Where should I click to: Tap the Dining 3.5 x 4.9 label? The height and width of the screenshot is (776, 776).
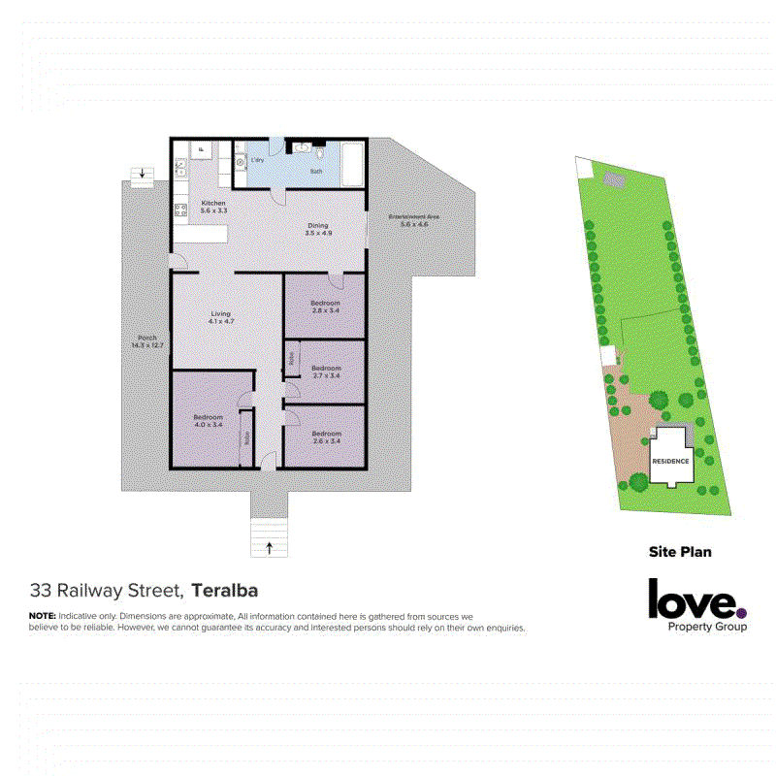coord(318,229)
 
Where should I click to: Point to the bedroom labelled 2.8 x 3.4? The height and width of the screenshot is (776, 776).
coord(325,307)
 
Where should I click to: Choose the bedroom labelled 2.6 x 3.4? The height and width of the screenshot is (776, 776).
coord(326,437)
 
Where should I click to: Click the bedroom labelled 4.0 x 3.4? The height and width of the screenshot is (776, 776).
coord(208,421)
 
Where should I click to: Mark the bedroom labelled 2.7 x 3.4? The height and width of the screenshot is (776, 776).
coord(326,372)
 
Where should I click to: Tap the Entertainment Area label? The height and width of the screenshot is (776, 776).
coord(407,220)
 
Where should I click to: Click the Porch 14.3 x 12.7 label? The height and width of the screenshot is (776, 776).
coord(140,342)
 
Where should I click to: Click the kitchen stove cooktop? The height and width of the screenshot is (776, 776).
coord(179,210)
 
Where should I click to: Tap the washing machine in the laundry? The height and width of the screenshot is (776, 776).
coord(241,163)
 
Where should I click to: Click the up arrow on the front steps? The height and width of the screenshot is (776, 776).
coord(269,548)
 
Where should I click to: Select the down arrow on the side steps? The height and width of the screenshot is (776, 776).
coord(143,175)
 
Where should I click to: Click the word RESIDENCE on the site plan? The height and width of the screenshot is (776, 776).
coord(670,461)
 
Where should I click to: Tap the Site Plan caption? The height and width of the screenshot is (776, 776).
coord(680,552)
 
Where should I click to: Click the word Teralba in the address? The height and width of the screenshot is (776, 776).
coord(225,590)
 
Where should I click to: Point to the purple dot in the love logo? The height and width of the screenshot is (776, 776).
coord(742,612)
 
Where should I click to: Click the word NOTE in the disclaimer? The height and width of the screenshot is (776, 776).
coord(42,617)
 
